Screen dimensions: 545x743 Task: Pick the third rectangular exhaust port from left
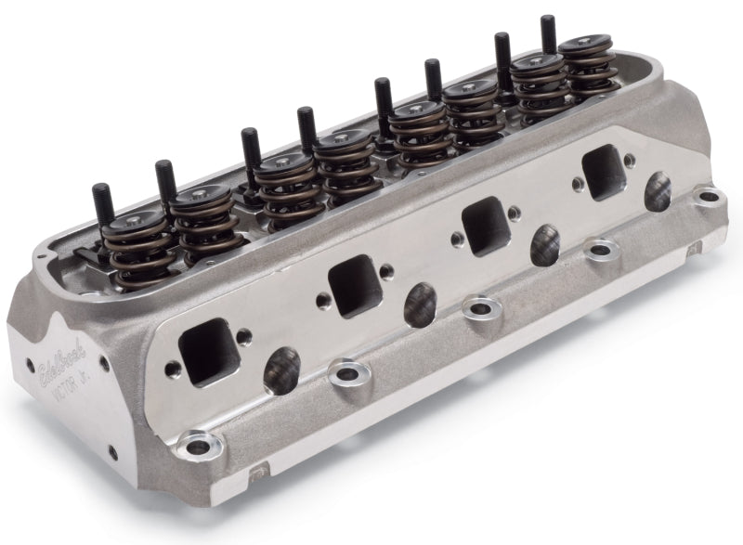(484, 225)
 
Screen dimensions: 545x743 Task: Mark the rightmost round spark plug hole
(660, 191)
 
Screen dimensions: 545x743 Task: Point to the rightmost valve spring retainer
(586, 48)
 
